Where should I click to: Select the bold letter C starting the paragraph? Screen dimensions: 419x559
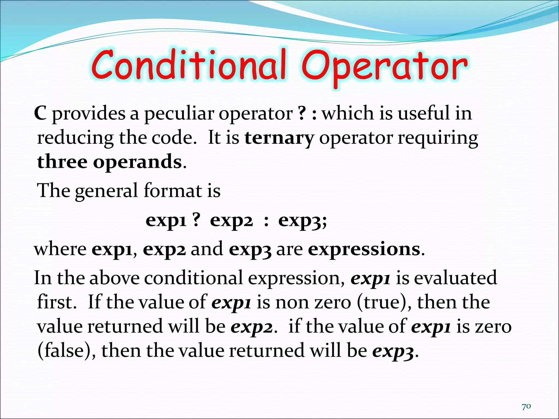40,113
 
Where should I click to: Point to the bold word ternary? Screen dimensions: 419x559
279,138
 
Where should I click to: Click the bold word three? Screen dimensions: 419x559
62,162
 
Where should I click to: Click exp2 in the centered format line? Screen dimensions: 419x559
231,221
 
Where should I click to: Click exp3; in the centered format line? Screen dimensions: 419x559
302,221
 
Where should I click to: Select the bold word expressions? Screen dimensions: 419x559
364,249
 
